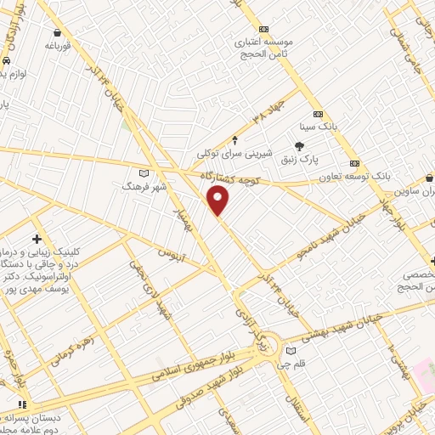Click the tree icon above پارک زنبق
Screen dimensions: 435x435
[x=299, y=147]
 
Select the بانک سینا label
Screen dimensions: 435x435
[x=323, y=126]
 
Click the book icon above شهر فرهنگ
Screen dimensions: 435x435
[x=130, y=172]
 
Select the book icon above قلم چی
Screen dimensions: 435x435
[x=292, y=351]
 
